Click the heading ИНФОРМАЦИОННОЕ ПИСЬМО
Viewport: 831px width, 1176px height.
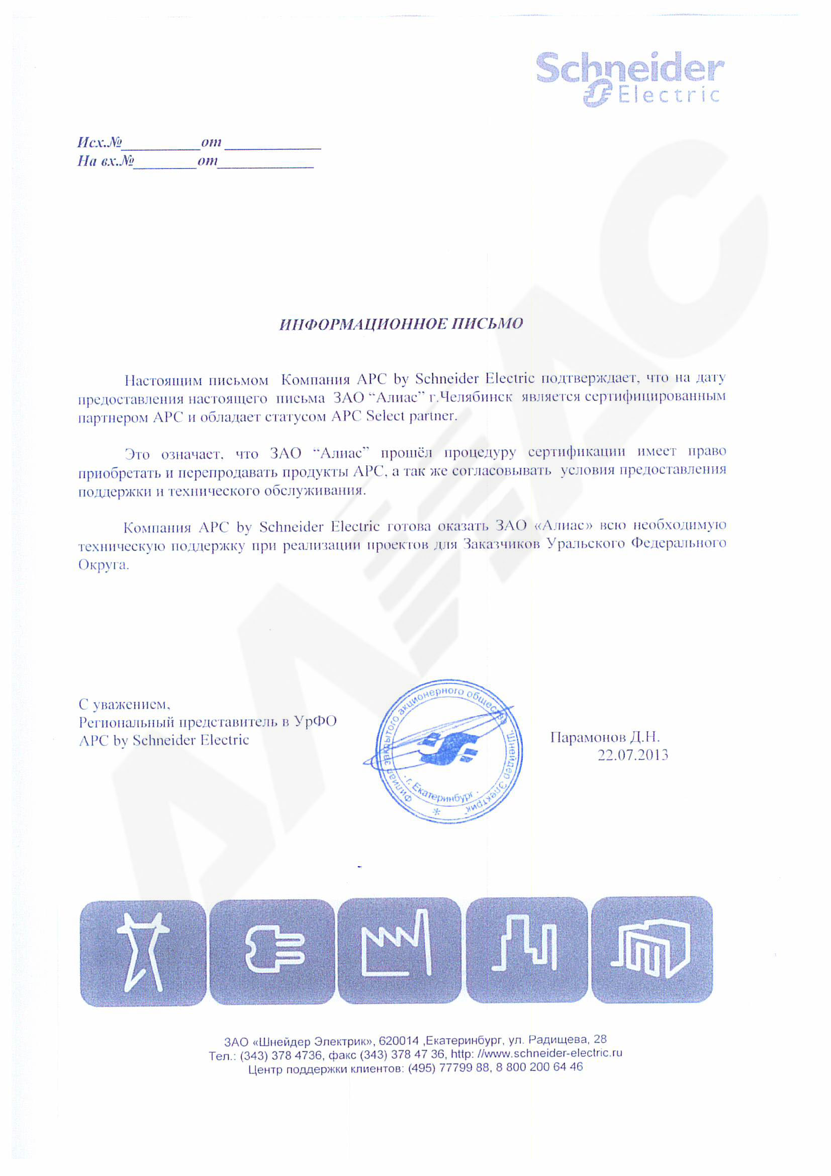pyautogui.click(x=401, y=324)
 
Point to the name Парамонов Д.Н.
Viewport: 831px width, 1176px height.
pyautogui.click(x=605, y=737)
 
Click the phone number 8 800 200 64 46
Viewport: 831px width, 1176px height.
pyautogui.click(x=539, y=1067)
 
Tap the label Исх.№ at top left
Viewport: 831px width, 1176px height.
pyautogui.click(x=100, y=142)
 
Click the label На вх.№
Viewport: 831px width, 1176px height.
pyautogui.click(x=106, y=161)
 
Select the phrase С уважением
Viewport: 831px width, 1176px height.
pyautogui.click(x=124, y=705)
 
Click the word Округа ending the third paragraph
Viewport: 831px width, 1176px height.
pyautogui.click(x=103, y=565)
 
